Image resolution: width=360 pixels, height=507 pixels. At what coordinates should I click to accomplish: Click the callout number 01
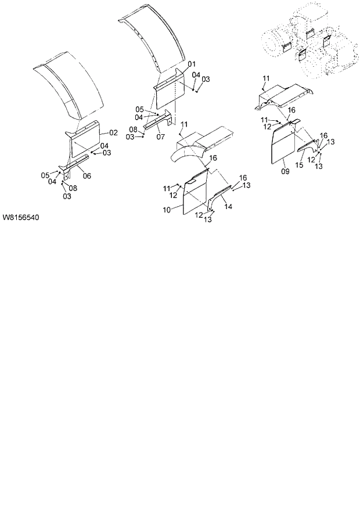(192, 64)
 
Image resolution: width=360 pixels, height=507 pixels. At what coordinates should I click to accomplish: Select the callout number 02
(113, 133)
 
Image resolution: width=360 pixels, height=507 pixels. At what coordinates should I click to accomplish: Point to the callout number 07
(160, 136)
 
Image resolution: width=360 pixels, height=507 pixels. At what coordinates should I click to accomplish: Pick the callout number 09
(285, 171)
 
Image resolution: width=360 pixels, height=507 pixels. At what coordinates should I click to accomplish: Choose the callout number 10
(167, 209)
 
